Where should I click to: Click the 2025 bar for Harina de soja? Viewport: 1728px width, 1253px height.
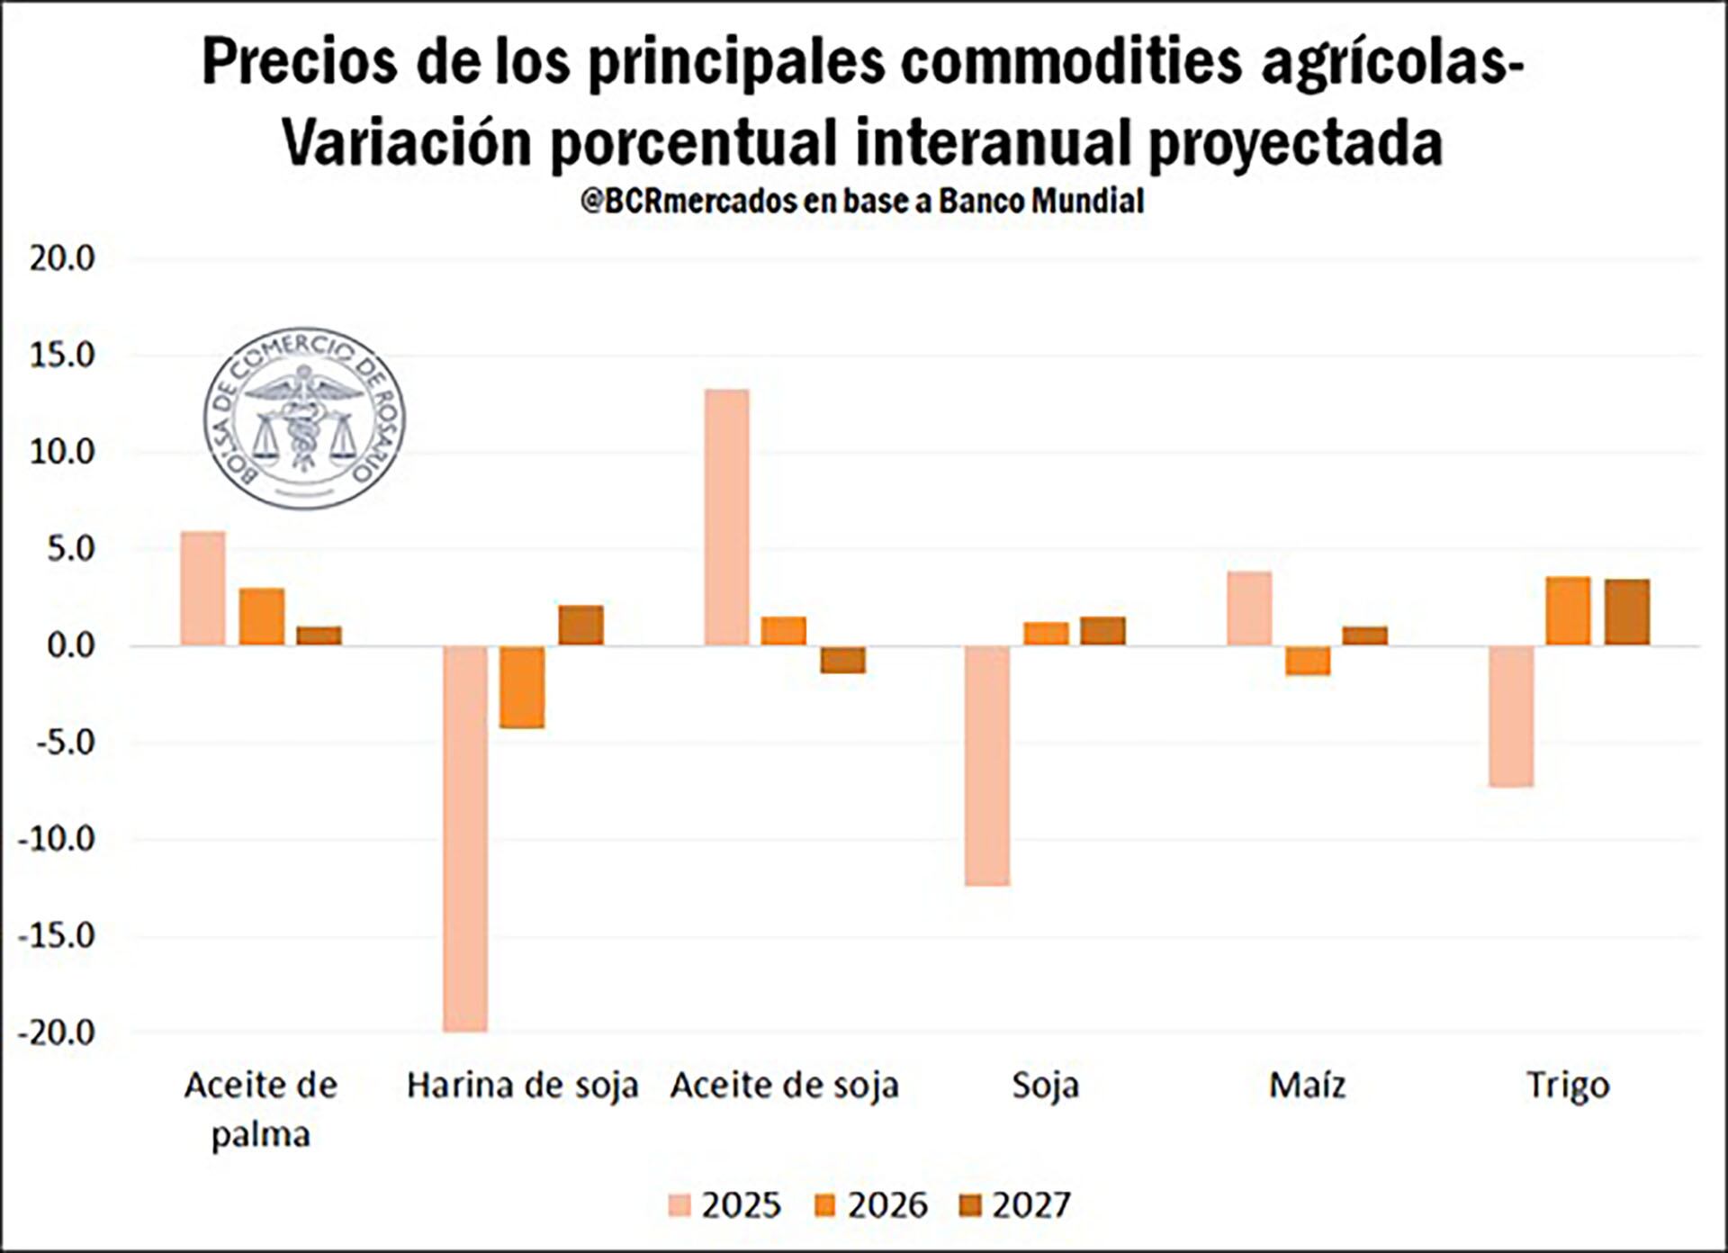click(x=465, y=838)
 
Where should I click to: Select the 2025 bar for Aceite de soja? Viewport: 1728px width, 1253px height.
click(x=726, y=518)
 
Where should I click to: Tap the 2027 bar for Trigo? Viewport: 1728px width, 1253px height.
click(x=1626, y=612)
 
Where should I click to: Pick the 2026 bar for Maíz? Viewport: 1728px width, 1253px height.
click(x=1307, y=661)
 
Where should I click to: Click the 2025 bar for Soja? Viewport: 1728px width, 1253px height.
click(x=987, y=766)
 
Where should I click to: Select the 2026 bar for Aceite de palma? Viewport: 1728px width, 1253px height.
click(x=261, y=617)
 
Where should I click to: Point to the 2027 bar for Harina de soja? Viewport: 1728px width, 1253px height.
click(x=580, y=626)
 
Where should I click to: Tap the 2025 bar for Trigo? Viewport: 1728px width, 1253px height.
click(x=1510, y=717)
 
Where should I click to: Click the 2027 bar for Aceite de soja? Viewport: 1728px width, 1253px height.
click(x=842, y=660)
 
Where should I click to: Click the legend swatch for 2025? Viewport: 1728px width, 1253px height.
click(x=680, y=1205)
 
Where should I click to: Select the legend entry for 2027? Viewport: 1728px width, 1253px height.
click(x=1015, y=1205)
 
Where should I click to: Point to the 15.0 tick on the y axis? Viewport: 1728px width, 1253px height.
click(x=61, y=356)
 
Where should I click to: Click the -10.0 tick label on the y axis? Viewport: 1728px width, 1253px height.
click(x=56, y=839)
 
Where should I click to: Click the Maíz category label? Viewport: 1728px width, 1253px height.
click(x=1307, y=1085)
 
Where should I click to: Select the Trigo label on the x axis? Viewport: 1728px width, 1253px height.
click(x=1568, y=1085)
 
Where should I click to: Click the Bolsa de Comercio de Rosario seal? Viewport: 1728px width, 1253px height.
click(x=303, y=418)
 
